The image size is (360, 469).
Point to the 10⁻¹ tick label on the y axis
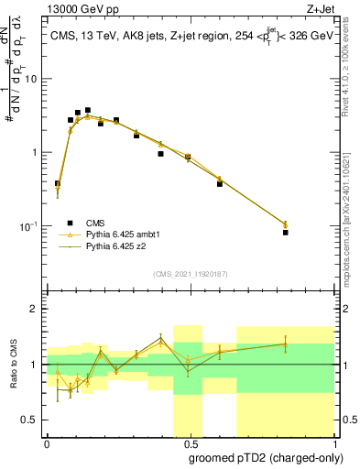tap(27, 226)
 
